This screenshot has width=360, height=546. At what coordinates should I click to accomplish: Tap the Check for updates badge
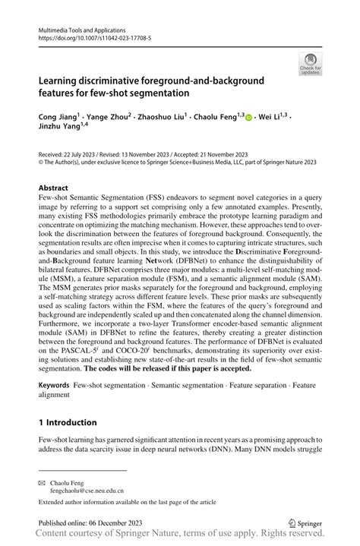[309, 65]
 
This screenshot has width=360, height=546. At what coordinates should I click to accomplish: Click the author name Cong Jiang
[56, 117]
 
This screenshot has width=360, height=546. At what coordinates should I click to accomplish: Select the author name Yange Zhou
[106, 117]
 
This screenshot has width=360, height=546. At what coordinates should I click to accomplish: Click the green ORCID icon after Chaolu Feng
[251, 117]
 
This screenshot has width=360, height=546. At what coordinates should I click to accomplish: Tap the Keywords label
[58, 385]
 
